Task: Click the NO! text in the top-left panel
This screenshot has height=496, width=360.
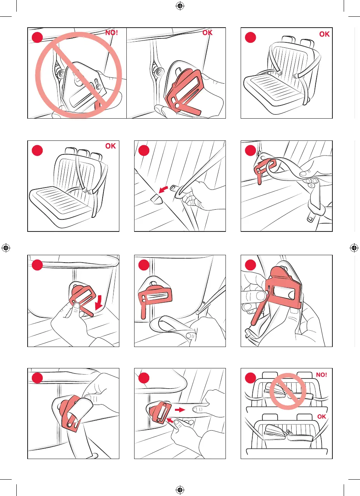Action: pyautogui.click(x=112, y=33)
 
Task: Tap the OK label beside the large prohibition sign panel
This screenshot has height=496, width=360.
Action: pyautogui.click(x=207, y=33)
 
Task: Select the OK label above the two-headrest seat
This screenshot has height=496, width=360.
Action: pyautogui.click(x=324, y=34)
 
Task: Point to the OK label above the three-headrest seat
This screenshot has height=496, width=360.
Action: pyautogui.click(x=110, y=146)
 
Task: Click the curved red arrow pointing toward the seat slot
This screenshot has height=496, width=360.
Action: pyautogui.click(x=163, y=189)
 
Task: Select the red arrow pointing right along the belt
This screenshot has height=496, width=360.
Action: pyautogui.click(x=180, y=410)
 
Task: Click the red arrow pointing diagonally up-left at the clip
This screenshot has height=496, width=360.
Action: pyautogui.click(x=170, y=421)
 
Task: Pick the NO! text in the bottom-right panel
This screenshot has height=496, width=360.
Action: pyautogui.click(x=321, y=375)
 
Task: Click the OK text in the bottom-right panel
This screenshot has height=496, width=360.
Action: pyautogui.click(x=322, y=417)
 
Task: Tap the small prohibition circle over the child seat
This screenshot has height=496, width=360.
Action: pyautogui.click(x=288, y=391)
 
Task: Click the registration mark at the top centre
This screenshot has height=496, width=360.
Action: pyautogui.click(x=180, y=6)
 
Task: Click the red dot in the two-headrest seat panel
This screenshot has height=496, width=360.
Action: pyautogui.click(x=250, y=37)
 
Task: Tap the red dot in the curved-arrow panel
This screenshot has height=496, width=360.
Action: pyautogui.click(x=144, y=150)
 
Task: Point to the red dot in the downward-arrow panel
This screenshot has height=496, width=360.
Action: pyautogui.click(x=37, y=265)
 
